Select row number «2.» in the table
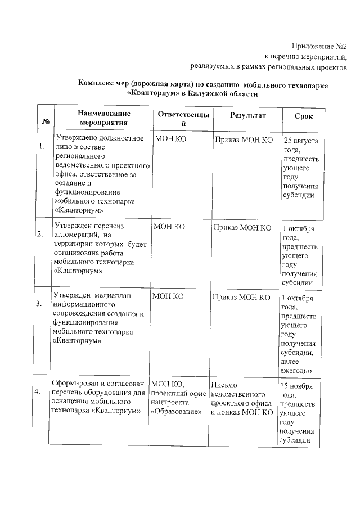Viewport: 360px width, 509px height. [41, 235]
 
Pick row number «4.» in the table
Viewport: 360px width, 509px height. [41, 392]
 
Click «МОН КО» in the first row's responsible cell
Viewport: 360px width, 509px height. [169, 139]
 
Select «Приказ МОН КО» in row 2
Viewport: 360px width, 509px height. [242, 228]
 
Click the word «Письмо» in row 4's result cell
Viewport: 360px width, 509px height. [224, 385]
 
